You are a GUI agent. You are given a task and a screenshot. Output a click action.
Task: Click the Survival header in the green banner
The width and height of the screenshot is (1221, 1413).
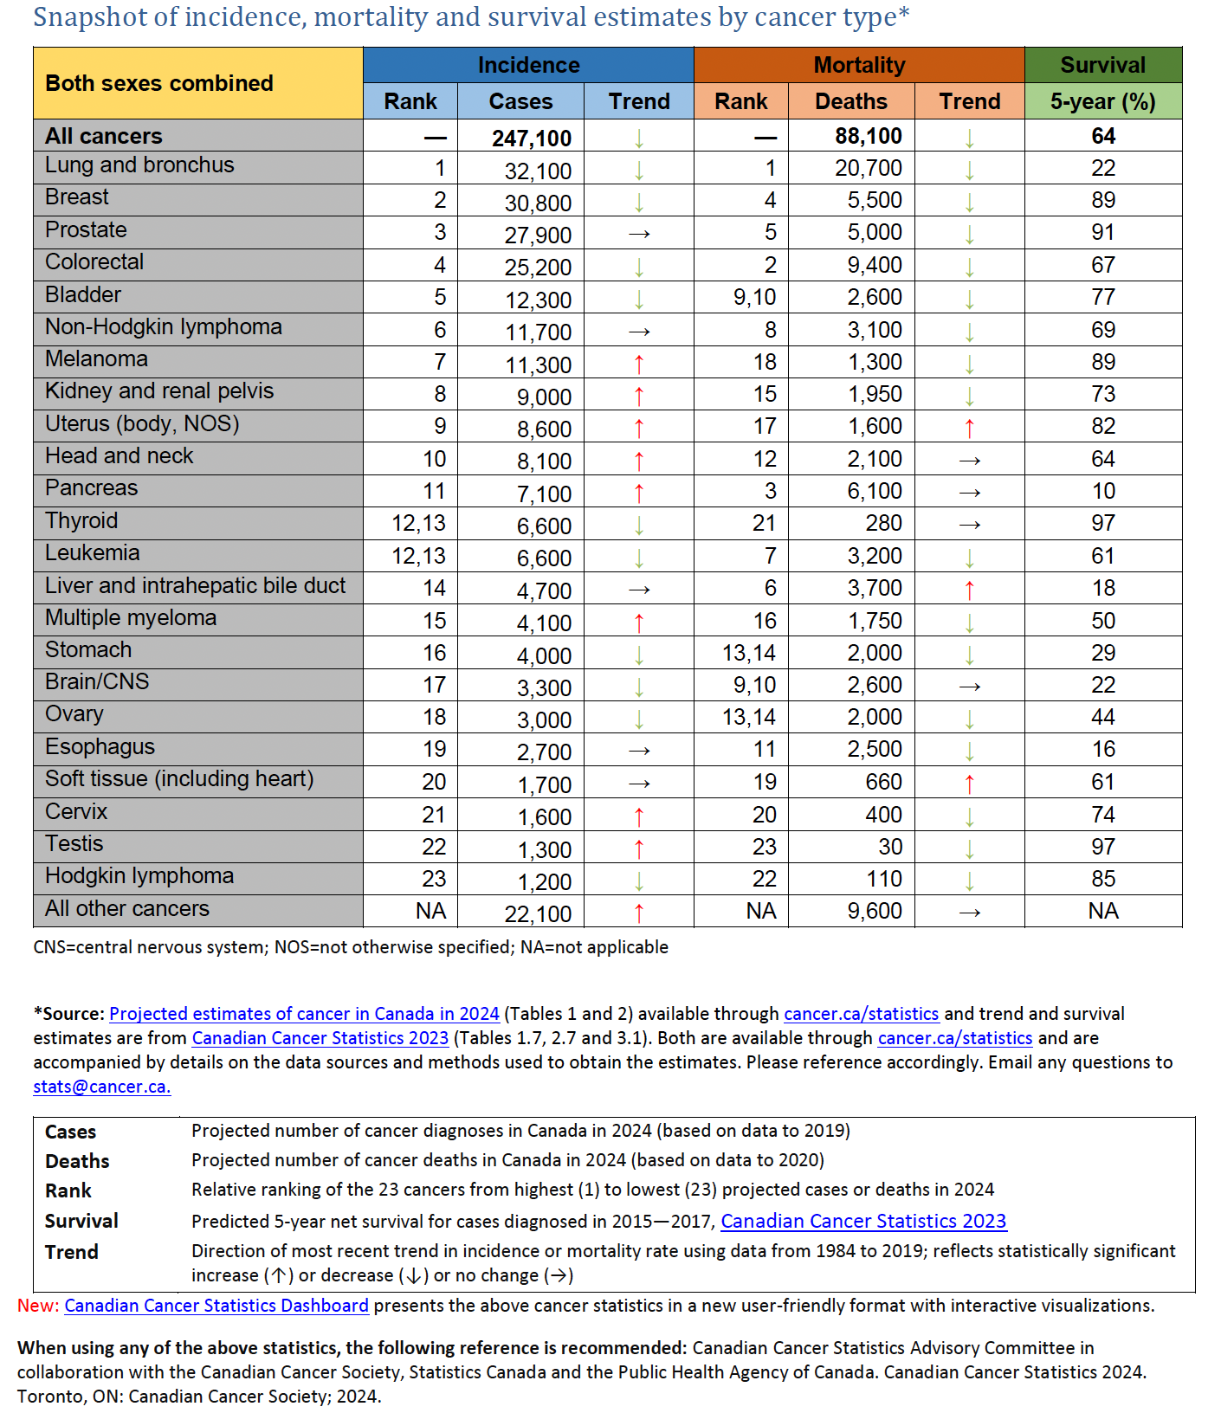pyautogui.click(x=1102, y=65)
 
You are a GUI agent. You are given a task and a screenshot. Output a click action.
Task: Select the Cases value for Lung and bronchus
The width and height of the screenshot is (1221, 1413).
pyautogui.click(x=538, y=171)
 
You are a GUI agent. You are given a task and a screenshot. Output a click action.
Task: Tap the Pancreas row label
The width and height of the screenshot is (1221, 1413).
pyautogui.click(x=91, y=488)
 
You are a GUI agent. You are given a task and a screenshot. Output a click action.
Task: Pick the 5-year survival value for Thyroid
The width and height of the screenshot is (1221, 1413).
pyautogui.click(x=1102, y=524)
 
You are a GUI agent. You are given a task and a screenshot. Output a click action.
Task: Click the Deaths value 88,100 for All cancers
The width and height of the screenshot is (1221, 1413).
pyautogui.click(x=868, y=137)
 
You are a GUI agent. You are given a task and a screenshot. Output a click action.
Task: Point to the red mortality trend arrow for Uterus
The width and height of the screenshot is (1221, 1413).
pyautogui.click(x=969, y=428)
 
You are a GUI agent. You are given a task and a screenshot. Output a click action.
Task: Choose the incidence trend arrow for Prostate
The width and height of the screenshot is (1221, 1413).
pyautogui.click(x=639, y=235)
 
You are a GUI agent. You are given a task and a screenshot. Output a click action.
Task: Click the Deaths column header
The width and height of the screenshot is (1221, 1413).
pyautogui.click(x=850, y=101)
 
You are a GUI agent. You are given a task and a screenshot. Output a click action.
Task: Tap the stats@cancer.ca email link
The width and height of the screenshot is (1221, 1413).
pyautogui.click(x=101, y=1087)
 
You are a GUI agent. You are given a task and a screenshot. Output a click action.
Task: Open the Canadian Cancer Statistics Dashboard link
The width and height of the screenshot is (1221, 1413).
pyautogui.click(x=216, y=1306)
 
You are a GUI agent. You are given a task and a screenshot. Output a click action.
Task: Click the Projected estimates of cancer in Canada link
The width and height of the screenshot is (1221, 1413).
pyautogui.click(x=304, y=1014)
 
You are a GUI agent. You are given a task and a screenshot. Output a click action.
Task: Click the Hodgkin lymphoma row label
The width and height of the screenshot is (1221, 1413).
pyautogui.click(x=139, y=876)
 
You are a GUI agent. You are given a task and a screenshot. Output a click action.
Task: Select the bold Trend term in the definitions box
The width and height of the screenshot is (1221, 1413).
pyautogui.click(x=72, y=1252)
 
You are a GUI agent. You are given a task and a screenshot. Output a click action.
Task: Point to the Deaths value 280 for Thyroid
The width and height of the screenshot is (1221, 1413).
pyautogui.click(x=883, y=524)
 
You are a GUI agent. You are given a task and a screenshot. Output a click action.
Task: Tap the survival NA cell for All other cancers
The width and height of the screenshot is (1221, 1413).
pyautogui.click(x=1102, y=912)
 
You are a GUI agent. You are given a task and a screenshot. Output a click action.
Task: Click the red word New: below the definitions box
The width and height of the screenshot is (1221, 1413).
pyautogui.click(x=38, y=1306)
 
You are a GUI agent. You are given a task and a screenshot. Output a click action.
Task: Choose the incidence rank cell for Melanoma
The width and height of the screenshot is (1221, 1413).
pyautogui.click(x=440, y=363)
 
